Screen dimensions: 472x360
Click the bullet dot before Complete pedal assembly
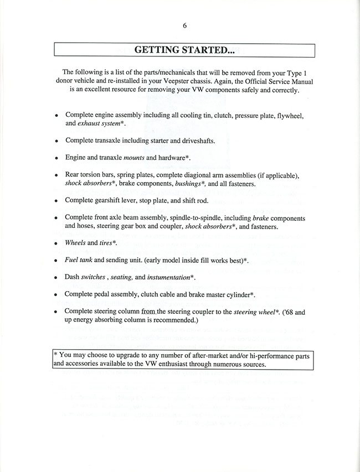point(56,295)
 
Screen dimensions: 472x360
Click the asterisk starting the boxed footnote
point(55,355)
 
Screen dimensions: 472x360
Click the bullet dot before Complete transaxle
point(56,142)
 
